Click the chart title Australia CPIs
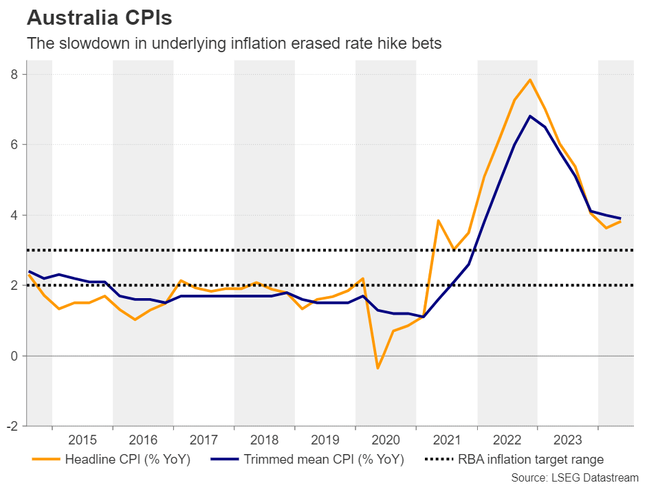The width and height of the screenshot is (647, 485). click(x=99, y=16)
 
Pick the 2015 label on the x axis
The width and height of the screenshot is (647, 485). click(x=83, y=440)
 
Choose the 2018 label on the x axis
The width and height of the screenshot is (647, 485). click(x=265, y=440)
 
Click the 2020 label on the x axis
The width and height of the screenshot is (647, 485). click(x=386, y=440)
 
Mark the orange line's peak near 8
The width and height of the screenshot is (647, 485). click(x=529, y=80)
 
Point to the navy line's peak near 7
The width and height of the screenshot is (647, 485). click(x=529, y=116)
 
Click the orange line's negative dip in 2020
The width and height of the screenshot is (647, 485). click(x=377, y=368)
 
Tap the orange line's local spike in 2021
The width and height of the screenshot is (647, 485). click(x=438, y=221)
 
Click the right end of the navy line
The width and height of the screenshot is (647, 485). click(x=621, y=218)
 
